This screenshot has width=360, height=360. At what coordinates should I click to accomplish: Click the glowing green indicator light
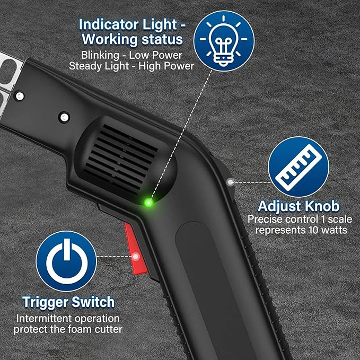click(148, 203)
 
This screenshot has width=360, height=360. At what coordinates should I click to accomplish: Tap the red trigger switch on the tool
click(136, 249)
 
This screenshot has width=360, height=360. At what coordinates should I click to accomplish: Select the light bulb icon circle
click(224, 41)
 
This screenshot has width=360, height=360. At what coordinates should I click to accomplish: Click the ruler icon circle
click(298, 167)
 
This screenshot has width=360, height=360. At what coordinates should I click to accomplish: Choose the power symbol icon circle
click(66, 261)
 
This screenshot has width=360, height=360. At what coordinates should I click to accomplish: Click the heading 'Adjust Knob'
click(298, 206)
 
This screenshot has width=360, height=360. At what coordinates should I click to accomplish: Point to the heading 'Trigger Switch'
click(68, 302)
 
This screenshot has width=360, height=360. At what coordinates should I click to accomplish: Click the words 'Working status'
click(132, 39)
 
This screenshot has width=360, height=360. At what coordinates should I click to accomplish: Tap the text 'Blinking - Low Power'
click(131, 55)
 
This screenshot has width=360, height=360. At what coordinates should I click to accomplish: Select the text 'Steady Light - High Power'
click(131, 66)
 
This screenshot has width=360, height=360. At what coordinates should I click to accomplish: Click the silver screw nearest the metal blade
click(20, 96)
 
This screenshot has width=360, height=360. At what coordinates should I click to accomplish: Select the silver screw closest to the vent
click(64, 117)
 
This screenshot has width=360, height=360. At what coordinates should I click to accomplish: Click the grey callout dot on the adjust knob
click(230, 182)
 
